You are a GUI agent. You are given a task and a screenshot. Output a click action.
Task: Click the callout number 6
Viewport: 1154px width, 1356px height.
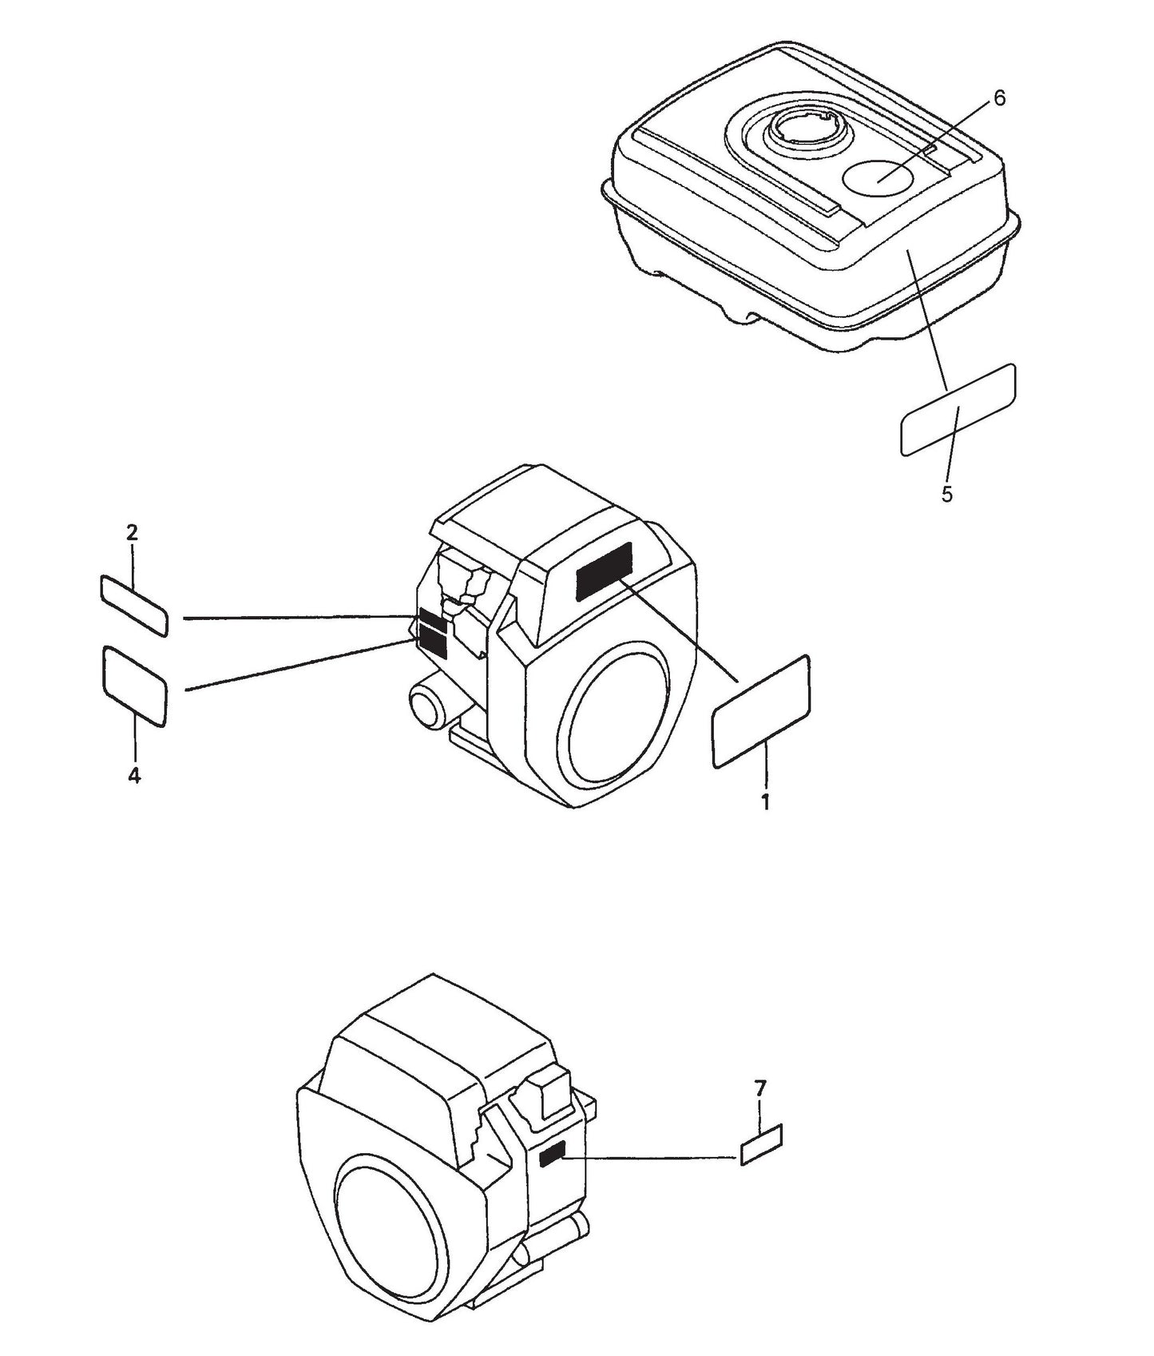(999, 98)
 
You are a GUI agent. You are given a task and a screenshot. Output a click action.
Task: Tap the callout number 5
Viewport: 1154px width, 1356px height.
(947, 495)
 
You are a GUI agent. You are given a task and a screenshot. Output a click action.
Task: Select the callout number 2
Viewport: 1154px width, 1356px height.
(133, 533)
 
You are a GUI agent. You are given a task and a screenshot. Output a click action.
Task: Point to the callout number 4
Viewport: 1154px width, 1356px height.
(134, 775)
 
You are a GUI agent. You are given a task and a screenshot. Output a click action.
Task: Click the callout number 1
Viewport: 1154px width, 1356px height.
(765, 802)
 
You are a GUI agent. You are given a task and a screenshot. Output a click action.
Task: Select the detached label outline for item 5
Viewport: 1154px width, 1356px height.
(958, 410)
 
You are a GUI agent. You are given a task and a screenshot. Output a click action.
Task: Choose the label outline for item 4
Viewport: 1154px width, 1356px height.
(134, 686)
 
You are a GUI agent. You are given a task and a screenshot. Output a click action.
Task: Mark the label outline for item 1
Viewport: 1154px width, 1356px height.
(761, 712)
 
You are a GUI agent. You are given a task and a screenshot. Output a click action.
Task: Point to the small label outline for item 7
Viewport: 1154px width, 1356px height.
(761, 1144)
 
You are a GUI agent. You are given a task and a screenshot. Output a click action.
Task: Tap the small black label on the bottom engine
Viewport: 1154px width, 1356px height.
(553, 1153)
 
